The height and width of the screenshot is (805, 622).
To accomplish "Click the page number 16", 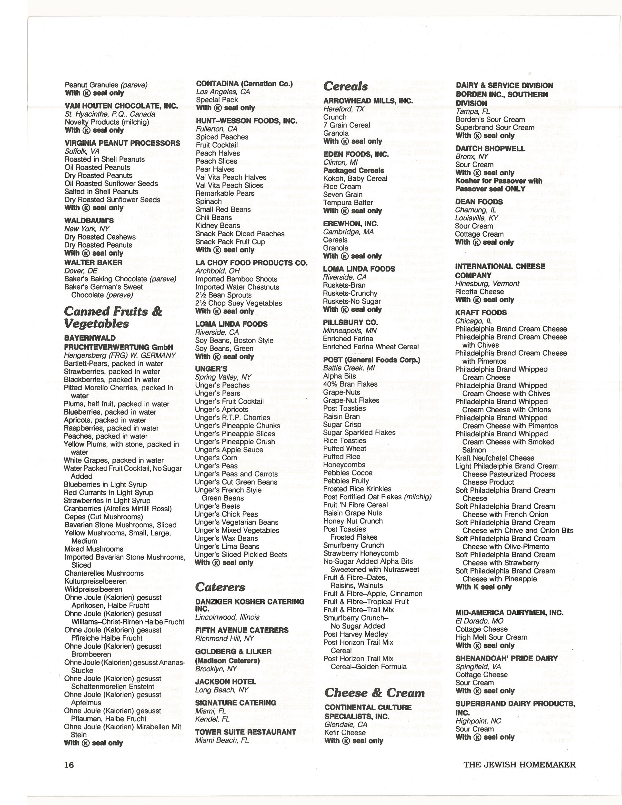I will point(69,765).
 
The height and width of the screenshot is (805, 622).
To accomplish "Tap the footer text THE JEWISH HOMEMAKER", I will point(520,765).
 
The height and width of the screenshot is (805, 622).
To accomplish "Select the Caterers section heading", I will point(220,586).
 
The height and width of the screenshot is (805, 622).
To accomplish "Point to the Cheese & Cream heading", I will point(374,693).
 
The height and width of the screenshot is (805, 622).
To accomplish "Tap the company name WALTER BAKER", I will point(93,262).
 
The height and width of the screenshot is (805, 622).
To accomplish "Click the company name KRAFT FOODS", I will point(481,312).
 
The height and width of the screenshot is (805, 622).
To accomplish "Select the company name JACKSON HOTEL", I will point(226,682).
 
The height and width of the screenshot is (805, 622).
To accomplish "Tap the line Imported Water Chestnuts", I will point(237,287).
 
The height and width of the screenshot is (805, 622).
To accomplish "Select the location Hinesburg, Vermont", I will point(487,283).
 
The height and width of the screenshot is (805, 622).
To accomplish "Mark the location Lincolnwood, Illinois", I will point(227,617).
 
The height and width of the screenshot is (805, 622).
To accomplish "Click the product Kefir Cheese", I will point(345,732).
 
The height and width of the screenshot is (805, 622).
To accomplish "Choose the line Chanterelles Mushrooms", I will point(104,573).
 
